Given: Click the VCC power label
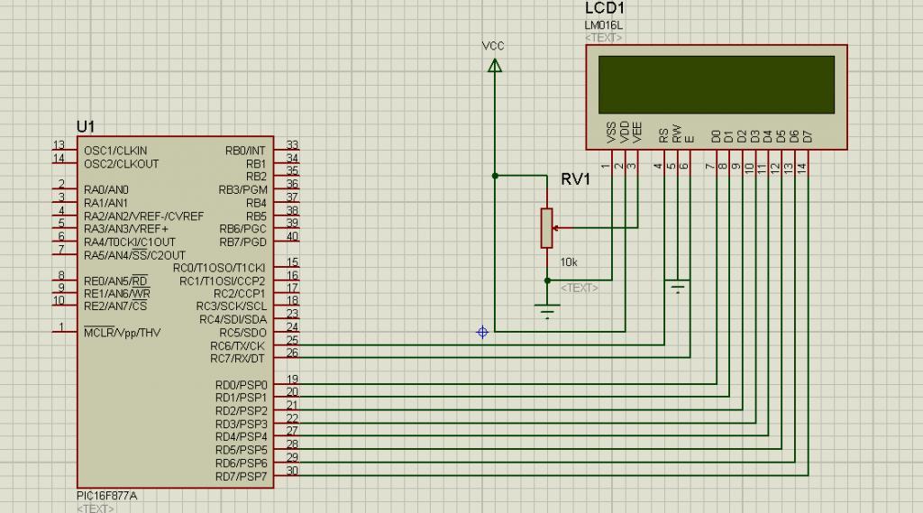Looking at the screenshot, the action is click(x=493, y=46).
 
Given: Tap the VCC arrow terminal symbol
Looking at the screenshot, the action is click(x=495, y=66).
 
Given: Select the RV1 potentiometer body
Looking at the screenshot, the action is click(x=546, y=227).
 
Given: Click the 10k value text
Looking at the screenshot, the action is click(x=569, y=262).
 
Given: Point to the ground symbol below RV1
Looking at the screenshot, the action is click(x=547, y=311).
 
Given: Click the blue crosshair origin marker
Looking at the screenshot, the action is click(x=482, y=332).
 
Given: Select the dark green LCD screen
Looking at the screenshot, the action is click(x=717, y=85).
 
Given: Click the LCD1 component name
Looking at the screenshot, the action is click(x=604, y=8).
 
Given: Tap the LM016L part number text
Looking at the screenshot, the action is click(x=603, y=25).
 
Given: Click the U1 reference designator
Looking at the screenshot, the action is click(x=86, y=126).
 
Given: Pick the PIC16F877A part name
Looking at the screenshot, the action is click(x=106, y=496).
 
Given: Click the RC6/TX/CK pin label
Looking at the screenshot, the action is click(x=237, y=345).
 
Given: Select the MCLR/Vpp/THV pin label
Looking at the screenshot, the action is click(x=122, y=332).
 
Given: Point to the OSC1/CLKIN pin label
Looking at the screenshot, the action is click(x=115, y=151).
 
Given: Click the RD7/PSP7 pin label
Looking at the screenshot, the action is click(x=241, y=476).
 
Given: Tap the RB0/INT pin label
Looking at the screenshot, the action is click(x=245, y=151).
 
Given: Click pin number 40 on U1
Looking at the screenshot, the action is click(x=292, y=237).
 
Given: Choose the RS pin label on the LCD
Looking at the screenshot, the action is click(x=663, y=135).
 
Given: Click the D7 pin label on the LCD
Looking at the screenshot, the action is click(x=807, y=137).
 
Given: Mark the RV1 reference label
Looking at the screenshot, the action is click(x=575, y=179).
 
